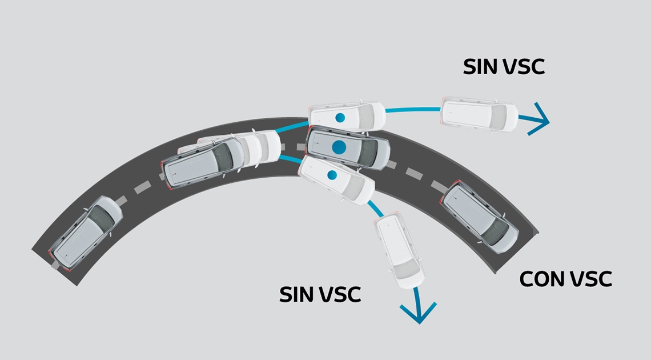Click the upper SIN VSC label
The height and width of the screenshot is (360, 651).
[x=504, y=66]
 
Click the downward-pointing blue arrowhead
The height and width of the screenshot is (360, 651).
[x=419, y=311]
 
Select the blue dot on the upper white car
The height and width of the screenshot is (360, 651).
[x=340, y=118]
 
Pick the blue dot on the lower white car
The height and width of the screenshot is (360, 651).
[x=332, y=174]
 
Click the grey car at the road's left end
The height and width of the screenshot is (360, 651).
[x=86, y=233]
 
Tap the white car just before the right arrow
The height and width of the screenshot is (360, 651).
[x=480, y=114]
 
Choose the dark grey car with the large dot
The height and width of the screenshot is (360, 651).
[x=348, y=148]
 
